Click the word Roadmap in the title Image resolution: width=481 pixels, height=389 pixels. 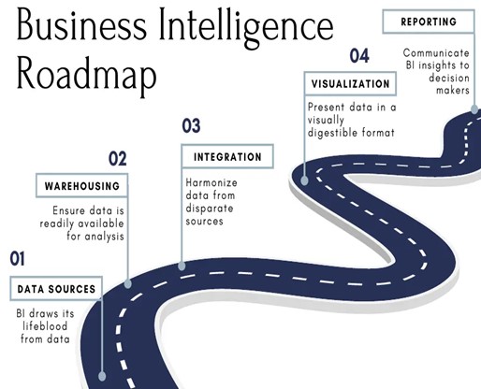click(x=86, y=74)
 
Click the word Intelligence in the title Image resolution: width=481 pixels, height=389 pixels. click(x=246, y=26)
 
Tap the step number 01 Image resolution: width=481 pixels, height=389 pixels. click(x=17, y=258)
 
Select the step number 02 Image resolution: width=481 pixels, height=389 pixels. click(x=118, y=158)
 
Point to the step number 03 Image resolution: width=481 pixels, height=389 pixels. click(x=191, y=126)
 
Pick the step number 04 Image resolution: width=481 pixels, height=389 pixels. click(x=359, y=56)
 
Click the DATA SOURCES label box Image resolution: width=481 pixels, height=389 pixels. click(x=56, y=289)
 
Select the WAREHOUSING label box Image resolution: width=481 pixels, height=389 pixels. click(x=82, y=186)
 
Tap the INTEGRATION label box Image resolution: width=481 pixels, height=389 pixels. click(x=227, y=156)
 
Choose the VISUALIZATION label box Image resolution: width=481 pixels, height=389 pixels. click(x=350, y=83)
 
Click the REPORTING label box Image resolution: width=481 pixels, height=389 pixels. click(x=429, y=22)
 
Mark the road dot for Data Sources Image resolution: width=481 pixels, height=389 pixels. click(x=102, y=376)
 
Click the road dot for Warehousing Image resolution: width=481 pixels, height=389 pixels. click(x=128, y=284)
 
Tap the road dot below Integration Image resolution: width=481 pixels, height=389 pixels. click(x=182, y=266)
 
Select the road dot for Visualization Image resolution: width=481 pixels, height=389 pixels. click(x=305, y=180)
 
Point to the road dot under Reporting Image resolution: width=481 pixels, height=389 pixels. click(x=474, y=109)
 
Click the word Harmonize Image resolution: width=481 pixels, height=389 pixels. click(x=211, y=182)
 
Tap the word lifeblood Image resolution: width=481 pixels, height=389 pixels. click(x=45, y=326)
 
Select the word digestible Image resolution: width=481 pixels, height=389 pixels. click(x=332, y=133)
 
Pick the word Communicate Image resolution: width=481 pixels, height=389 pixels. click(x=436, y=53)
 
